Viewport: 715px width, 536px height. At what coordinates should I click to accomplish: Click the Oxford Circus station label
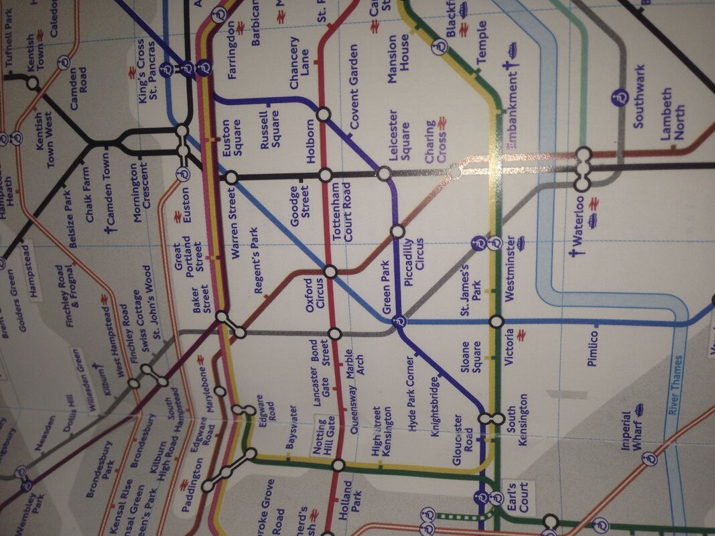(x=314, y=293)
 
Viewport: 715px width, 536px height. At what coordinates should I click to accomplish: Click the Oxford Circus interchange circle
(x=330, y=271)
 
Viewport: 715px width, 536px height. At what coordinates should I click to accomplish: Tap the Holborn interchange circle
(x=322, y=115)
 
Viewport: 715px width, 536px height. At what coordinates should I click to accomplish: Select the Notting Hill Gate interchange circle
(x=338, y=464)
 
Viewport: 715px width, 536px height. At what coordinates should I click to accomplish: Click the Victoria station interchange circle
(x=497, y=322)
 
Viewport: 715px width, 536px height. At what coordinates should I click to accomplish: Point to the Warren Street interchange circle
(x=231, y=178)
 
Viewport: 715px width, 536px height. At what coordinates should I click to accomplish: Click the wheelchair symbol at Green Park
(x=399, y=322)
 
